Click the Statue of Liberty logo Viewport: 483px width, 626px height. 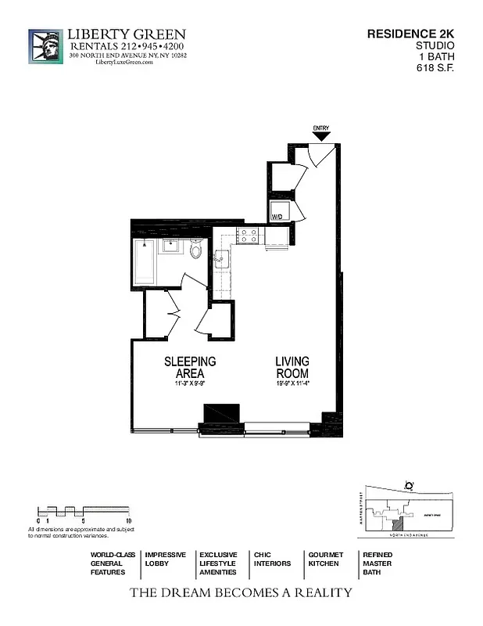tap(45, 47)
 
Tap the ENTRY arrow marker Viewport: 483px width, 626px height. tap(320, 136)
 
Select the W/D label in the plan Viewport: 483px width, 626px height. tap(277, 215)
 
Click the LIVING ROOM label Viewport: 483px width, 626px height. tap(292, 367)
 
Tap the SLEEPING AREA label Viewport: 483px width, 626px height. tap(189, 367)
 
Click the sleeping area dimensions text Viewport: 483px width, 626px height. tap(189, 384)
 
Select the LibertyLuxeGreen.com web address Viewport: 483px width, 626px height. tap(123, 63)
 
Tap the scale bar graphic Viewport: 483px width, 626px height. tap(82, 512)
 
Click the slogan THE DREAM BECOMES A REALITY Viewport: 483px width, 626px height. tap(241, 592)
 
